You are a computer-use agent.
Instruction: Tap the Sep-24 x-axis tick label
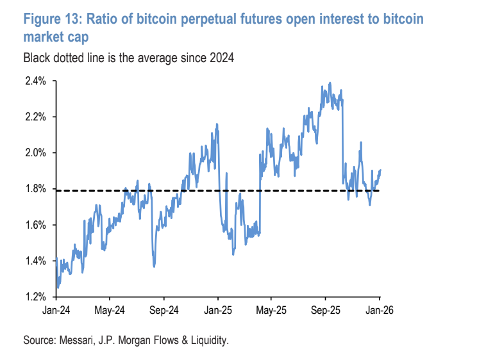tap(163, 309)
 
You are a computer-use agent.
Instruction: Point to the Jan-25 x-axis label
tap(217, 309)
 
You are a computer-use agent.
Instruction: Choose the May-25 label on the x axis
tap(271, 309)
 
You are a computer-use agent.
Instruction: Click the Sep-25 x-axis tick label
tap(325, 309)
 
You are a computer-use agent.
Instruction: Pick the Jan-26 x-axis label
tap(379, 309)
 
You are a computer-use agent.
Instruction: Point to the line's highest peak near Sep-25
tap(330, 83)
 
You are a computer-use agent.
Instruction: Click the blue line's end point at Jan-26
tap(380, 170)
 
